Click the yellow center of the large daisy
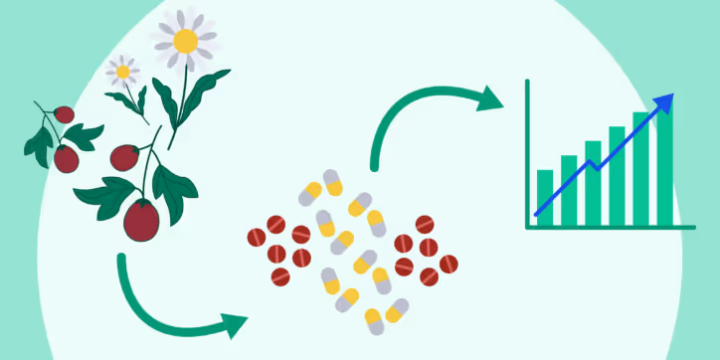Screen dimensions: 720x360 pyautogui.click(x=186, y=41)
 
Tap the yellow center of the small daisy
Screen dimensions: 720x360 pyautogui.click(x=123, y=71)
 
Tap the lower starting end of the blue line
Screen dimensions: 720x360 pyautogui.click(x=537, y=214)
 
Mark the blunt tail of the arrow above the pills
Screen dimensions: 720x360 pyautogui.click(x=375, y=163)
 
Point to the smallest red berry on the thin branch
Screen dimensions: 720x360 pyautogui.click(x=64, y=114)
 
